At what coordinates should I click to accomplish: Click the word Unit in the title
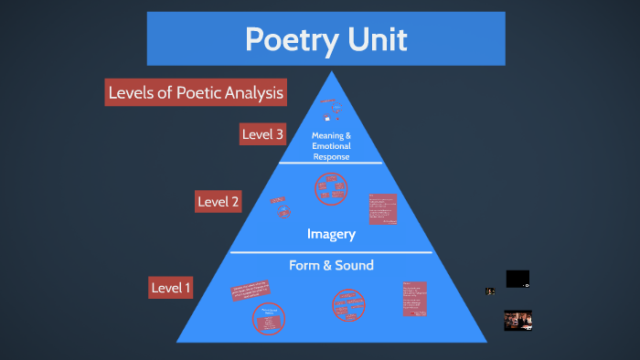click(x=376, y=40)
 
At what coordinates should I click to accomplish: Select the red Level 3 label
click(x=262, y=135)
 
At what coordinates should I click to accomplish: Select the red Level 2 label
click(x=218, y=201)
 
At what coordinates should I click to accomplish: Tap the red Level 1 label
click(x=171, y=288)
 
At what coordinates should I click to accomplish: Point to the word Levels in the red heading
click(x=132, y=92)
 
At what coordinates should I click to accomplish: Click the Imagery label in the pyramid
click(x=330, y=234)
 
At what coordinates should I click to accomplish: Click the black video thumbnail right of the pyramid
click(x=517, y=279)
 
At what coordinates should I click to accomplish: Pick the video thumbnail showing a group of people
click(x=517, y=320)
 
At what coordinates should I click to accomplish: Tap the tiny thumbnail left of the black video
click(x=490, y=291)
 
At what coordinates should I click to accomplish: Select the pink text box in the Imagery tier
click(x=382, y=208)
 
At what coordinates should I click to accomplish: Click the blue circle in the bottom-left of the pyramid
click(x=268, y=317)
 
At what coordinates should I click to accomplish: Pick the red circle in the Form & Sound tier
click(x=348, y=304)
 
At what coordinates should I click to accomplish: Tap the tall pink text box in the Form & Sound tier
click(x=414, y=299)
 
